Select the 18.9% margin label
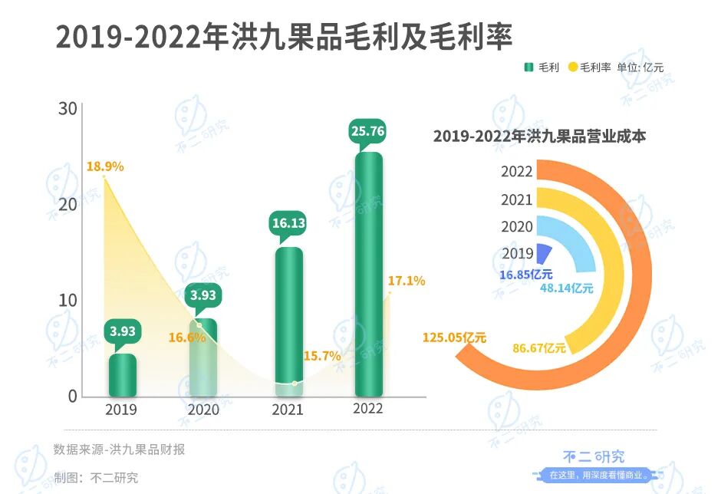point(105,166)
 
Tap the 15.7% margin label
point(322,356)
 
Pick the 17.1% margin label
point(407,282)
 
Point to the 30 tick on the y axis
point(68,109)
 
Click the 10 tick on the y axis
point(68,300)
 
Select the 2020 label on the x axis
point(203,410)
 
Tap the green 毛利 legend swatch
point(528,68)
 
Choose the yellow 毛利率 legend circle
point(572,68)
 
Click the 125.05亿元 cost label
point(454,336)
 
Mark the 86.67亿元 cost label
point(538,347)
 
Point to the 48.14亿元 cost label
point(567,288)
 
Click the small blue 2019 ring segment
point(544,254)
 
